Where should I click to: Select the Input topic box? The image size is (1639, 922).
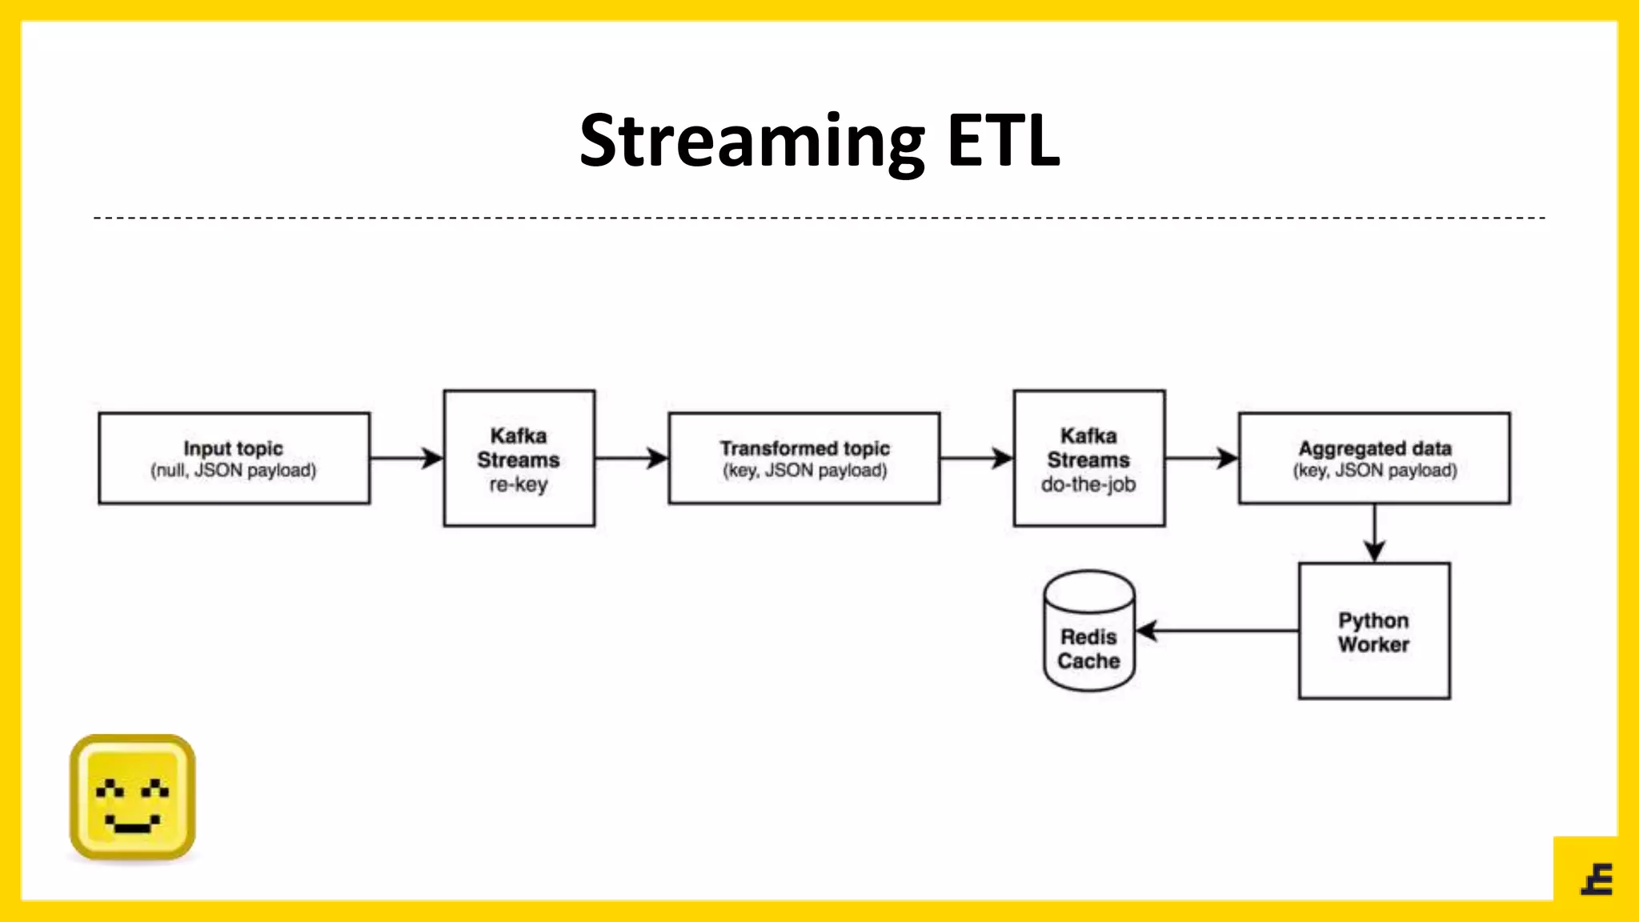point(234,458)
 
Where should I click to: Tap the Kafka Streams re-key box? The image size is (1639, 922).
point(519,458)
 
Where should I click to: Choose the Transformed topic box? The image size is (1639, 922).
point(803,458)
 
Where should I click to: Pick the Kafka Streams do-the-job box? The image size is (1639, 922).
point(1088,458)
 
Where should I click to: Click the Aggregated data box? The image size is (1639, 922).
point(1374,458)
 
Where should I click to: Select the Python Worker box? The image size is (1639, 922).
point(1374,631)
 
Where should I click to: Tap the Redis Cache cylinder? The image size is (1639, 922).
point(1088,632)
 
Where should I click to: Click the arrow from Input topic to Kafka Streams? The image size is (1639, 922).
point(406,459)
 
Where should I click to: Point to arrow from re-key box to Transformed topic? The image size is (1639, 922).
point(631,459)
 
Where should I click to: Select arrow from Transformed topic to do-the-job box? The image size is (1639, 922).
point(976,459)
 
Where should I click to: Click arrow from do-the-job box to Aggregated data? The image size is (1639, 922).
point(1200,459)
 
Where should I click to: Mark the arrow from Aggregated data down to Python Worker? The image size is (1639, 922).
point(1374,532)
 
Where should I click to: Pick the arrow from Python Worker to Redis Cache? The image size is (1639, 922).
point(1216,631)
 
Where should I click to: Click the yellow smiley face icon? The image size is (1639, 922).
point(133,797)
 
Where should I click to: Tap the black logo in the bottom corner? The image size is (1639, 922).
point(1597,880)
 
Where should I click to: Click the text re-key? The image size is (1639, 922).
point(519,484)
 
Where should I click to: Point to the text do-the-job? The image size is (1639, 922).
point(1088,484)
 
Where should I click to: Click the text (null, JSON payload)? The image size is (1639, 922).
point(234,471)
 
